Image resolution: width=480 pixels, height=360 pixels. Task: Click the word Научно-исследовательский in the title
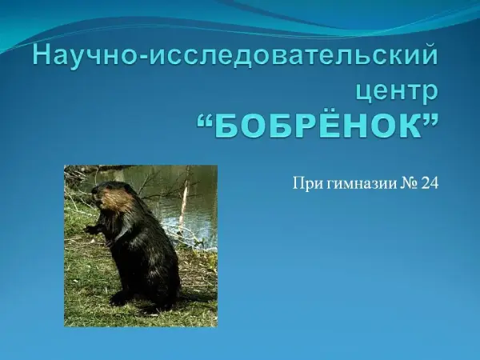[x=235, y=57]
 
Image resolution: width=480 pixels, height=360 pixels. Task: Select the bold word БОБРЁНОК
[x=318, y=125]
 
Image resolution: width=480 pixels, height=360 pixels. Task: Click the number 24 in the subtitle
[x=430, y=182]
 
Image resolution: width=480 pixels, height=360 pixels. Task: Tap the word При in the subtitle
[x=307, y=183]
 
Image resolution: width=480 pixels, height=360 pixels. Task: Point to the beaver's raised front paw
[x=91, y=229]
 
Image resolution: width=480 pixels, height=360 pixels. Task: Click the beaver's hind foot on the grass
[x=121, y=298]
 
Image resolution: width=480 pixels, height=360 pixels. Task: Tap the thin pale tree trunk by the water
[x=184, y=202]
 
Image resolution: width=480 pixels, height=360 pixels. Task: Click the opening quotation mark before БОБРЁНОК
[x=205, y=119]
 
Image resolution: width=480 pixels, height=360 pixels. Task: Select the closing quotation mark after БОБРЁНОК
[x=430, y=119]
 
